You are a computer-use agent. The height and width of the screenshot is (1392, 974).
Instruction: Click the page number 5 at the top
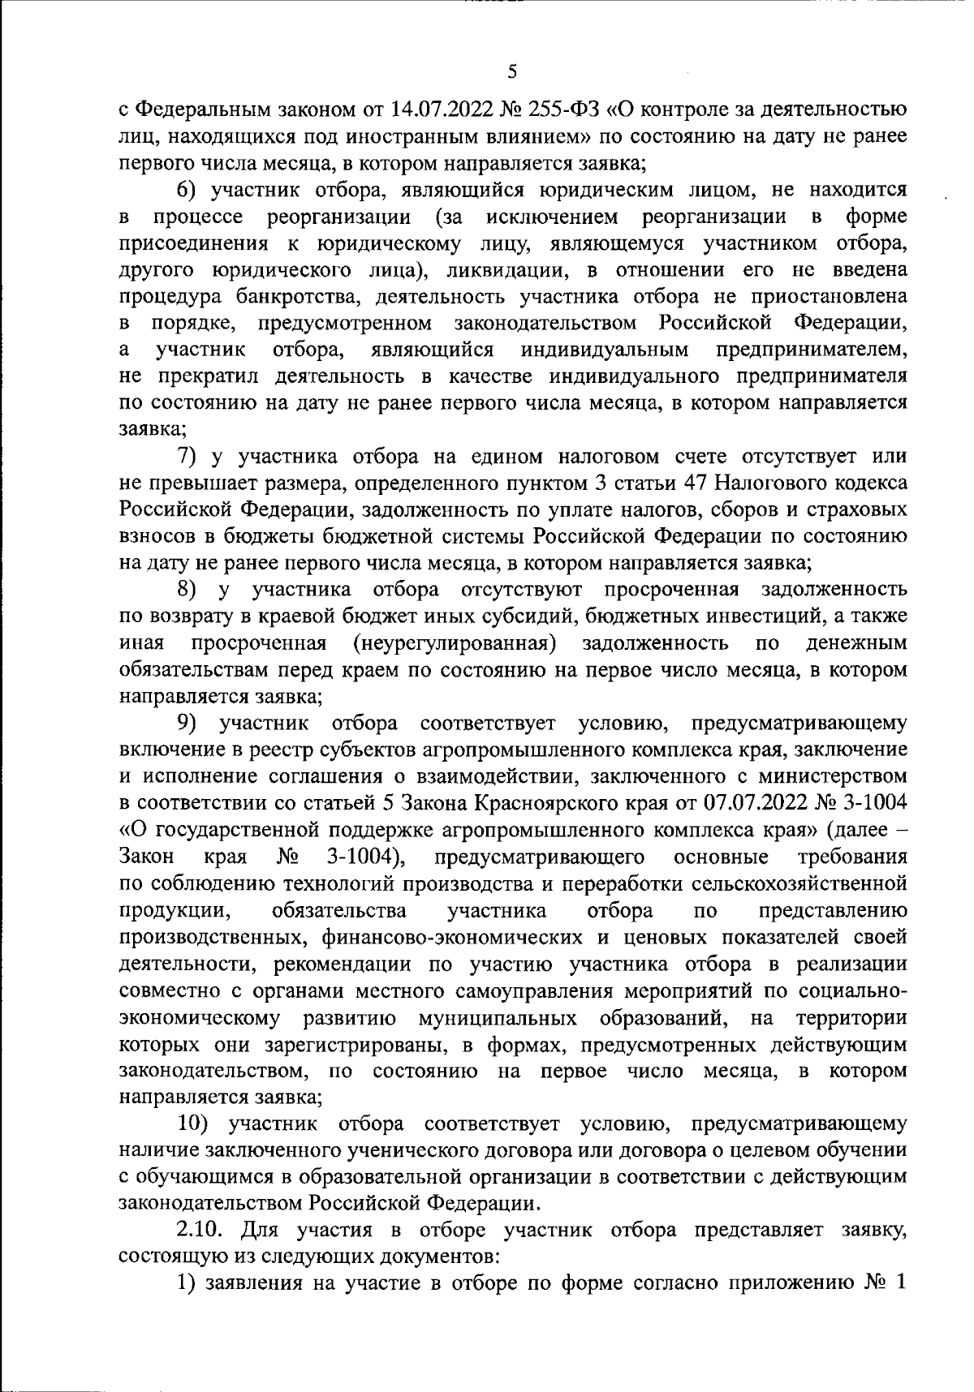(511, 71)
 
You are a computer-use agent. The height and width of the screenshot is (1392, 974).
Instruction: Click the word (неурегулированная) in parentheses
(455, 643)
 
